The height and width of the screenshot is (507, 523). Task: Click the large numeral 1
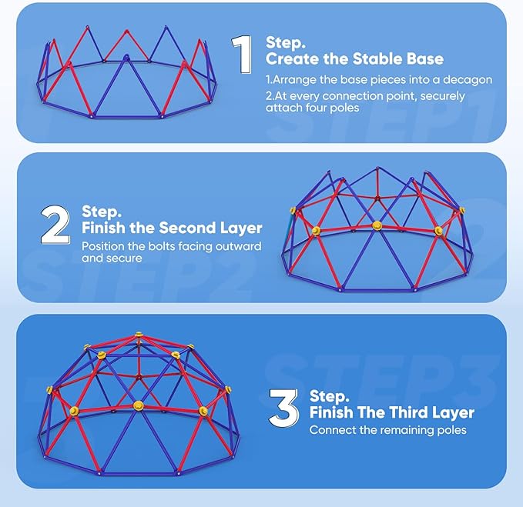pyautogui.click(x=242, y=55)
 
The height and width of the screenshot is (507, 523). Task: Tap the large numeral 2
pyautogui.click(x=55, y=225)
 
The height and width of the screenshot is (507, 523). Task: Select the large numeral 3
pyautogui.click(x=283, y=409)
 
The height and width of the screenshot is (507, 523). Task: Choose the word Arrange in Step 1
pyautogui.click(x=294, y=80)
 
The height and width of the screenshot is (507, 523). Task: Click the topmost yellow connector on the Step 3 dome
pyautogui.click(x=139, y=334)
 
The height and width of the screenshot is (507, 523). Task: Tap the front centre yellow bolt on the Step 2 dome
pyautogui.click(x=377, y=225)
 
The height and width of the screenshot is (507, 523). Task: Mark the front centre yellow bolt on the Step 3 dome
pyautogui.click(x=138, y=405)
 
